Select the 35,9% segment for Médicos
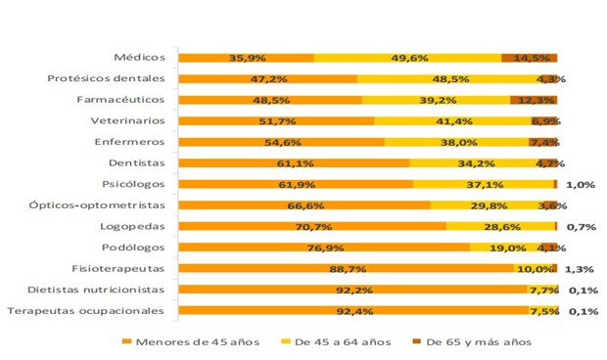click(x=246, y=58)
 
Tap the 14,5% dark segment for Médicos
click(x=529, y=58)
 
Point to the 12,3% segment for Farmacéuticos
click(x=535, y=100)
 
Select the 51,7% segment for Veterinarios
click(x=276, y=121)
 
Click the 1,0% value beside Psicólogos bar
click(x=581, y=184)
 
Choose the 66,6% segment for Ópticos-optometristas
click(x=304, y=205)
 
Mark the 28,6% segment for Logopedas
click(x=499, y=226)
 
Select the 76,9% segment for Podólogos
click(x=324, y=247)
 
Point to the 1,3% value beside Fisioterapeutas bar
click(x=581, y=268)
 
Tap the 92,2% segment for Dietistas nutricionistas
click(x=353, y=290)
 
